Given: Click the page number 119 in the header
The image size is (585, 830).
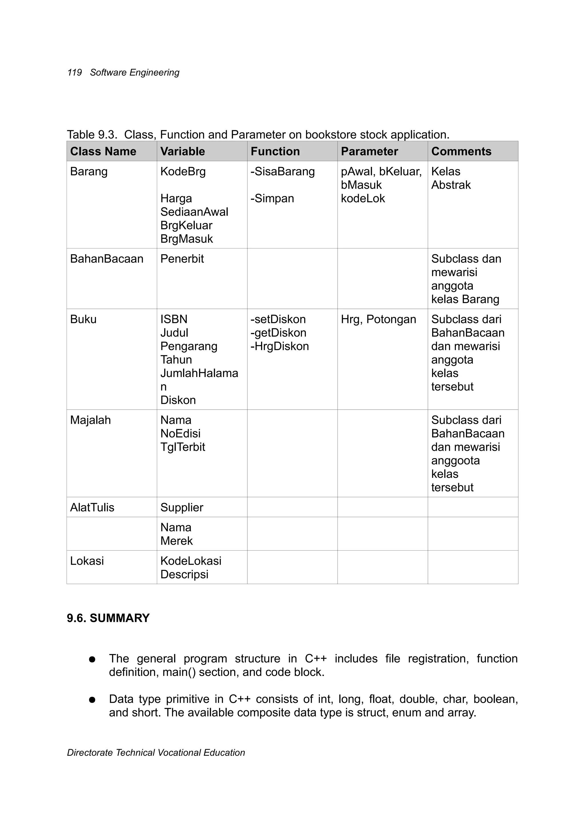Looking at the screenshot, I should (75, 73).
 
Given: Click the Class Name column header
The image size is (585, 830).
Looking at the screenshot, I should (103, 151).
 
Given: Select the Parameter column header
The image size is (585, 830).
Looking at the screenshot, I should (369, 151).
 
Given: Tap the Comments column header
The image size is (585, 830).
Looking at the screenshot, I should (461, 151).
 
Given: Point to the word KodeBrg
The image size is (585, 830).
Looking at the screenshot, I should (183, 171).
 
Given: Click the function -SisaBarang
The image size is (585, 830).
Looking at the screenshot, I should (283, 171).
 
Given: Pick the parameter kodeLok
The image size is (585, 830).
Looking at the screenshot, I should (363, 199).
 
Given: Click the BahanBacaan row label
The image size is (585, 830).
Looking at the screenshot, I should (107, 259).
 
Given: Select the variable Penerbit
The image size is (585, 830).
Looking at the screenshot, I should (182, 259).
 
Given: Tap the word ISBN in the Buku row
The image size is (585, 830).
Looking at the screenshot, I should (174, 319).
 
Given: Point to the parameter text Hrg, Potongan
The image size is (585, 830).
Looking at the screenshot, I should (378, 319).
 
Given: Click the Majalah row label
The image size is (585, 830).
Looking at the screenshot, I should (90, 420).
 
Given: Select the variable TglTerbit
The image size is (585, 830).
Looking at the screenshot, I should (183, 447).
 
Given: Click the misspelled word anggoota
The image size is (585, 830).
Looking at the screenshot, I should (455, 460).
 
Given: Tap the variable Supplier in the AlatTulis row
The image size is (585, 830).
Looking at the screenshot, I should (181, 508).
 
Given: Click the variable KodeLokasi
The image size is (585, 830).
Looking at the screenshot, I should (191, 561).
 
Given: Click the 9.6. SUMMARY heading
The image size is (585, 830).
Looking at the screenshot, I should (108, 618).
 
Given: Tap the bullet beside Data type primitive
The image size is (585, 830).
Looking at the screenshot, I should (92, 700).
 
